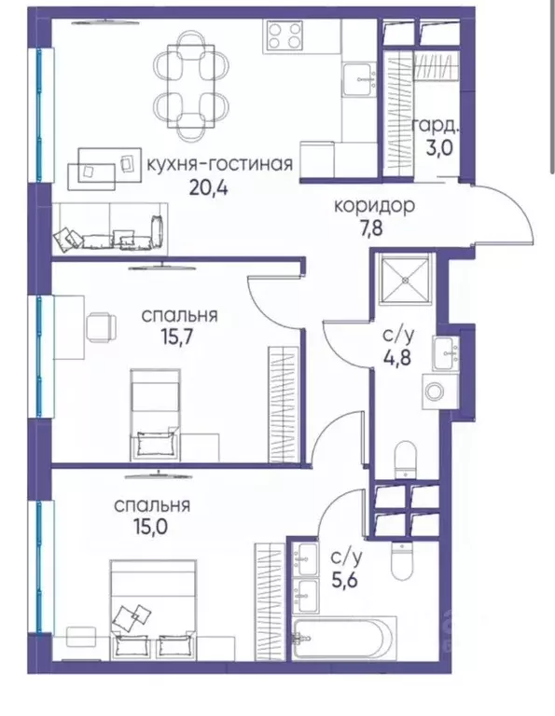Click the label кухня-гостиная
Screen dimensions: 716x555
[220, 165]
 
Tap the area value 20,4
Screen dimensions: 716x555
[209, 186]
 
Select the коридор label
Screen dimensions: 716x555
[374, 206]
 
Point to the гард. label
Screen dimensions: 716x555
[434, 125]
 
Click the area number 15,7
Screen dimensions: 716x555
[179, 337]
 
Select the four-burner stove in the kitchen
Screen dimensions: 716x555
[285, 36]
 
